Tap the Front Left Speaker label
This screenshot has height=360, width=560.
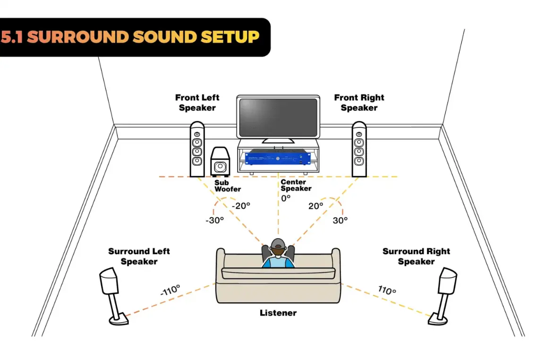[x=197, y=103]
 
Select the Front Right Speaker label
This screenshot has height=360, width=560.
[x=359, y=103]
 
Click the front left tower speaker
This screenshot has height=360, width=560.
[x=197, y=149]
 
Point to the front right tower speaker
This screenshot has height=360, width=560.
[x=359, y=149]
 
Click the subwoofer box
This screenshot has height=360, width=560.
[x=220, y=162]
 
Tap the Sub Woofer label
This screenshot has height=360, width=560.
[x=227, y=186]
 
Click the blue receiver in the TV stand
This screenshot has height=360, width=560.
[x=277, y=157]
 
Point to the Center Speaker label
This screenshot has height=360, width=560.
[x=296, y=185]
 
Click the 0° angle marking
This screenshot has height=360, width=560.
[x=286, y=198]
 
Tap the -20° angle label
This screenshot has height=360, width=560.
[x=241, y=206]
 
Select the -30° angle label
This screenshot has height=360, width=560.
[x=214, y=220]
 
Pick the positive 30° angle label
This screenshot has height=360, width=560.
[x=340, y=220]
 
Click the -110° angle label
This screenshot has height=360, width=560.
[x=170, y=290]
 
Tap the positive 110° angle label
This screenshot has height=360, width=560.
[x=387, y=290]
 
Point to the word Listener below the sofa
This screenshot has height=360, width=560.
[x=278, y=313]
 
